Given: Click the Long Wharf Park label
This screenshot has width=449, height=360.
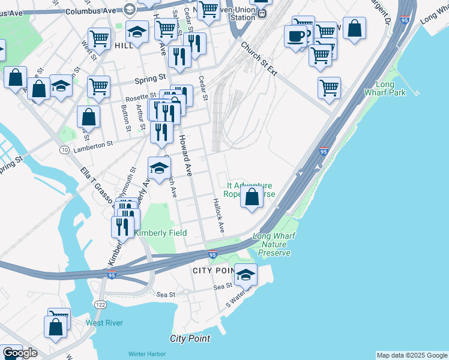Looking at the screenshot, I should pyautogui.click(x=385, y=89).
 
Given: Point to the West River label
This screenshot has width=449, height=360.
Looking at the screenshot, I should pyautogui.click(x=104, y=323).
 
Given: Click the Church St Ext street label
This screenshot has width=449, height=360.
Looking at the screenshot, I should pyautogui.click(x=259, y=59).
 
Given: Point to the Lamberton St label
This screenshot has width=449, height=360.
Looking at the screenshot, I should pyautogui.click(x=92, y=145).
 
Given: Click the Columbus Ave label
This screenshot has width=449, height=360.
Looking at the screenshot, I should pyautogui.click(x=90, y=11).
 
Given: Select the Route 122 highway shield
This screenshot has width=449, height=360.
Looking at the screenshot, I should pyautogui.click(x=100, y=305).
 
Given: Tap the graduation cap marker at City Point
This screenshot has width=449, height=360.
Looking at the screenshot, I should pyautogui.click(x=246, y=274).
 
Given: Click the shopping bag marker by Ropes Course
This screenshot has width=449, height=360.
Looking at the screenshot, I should pyautogui.click(x=252, y=196).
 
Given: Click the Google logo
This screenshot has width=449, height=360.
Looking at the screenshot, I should pyautogui.click(x=20, y=353).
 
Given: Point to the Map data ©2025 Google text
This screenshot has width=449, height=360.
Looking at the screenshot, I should pyautogui.click(x=412, y=355).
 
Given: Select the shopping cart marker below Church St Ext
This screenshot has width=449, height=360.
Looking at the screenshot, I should pyautogui.click(x=329, y=88).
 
